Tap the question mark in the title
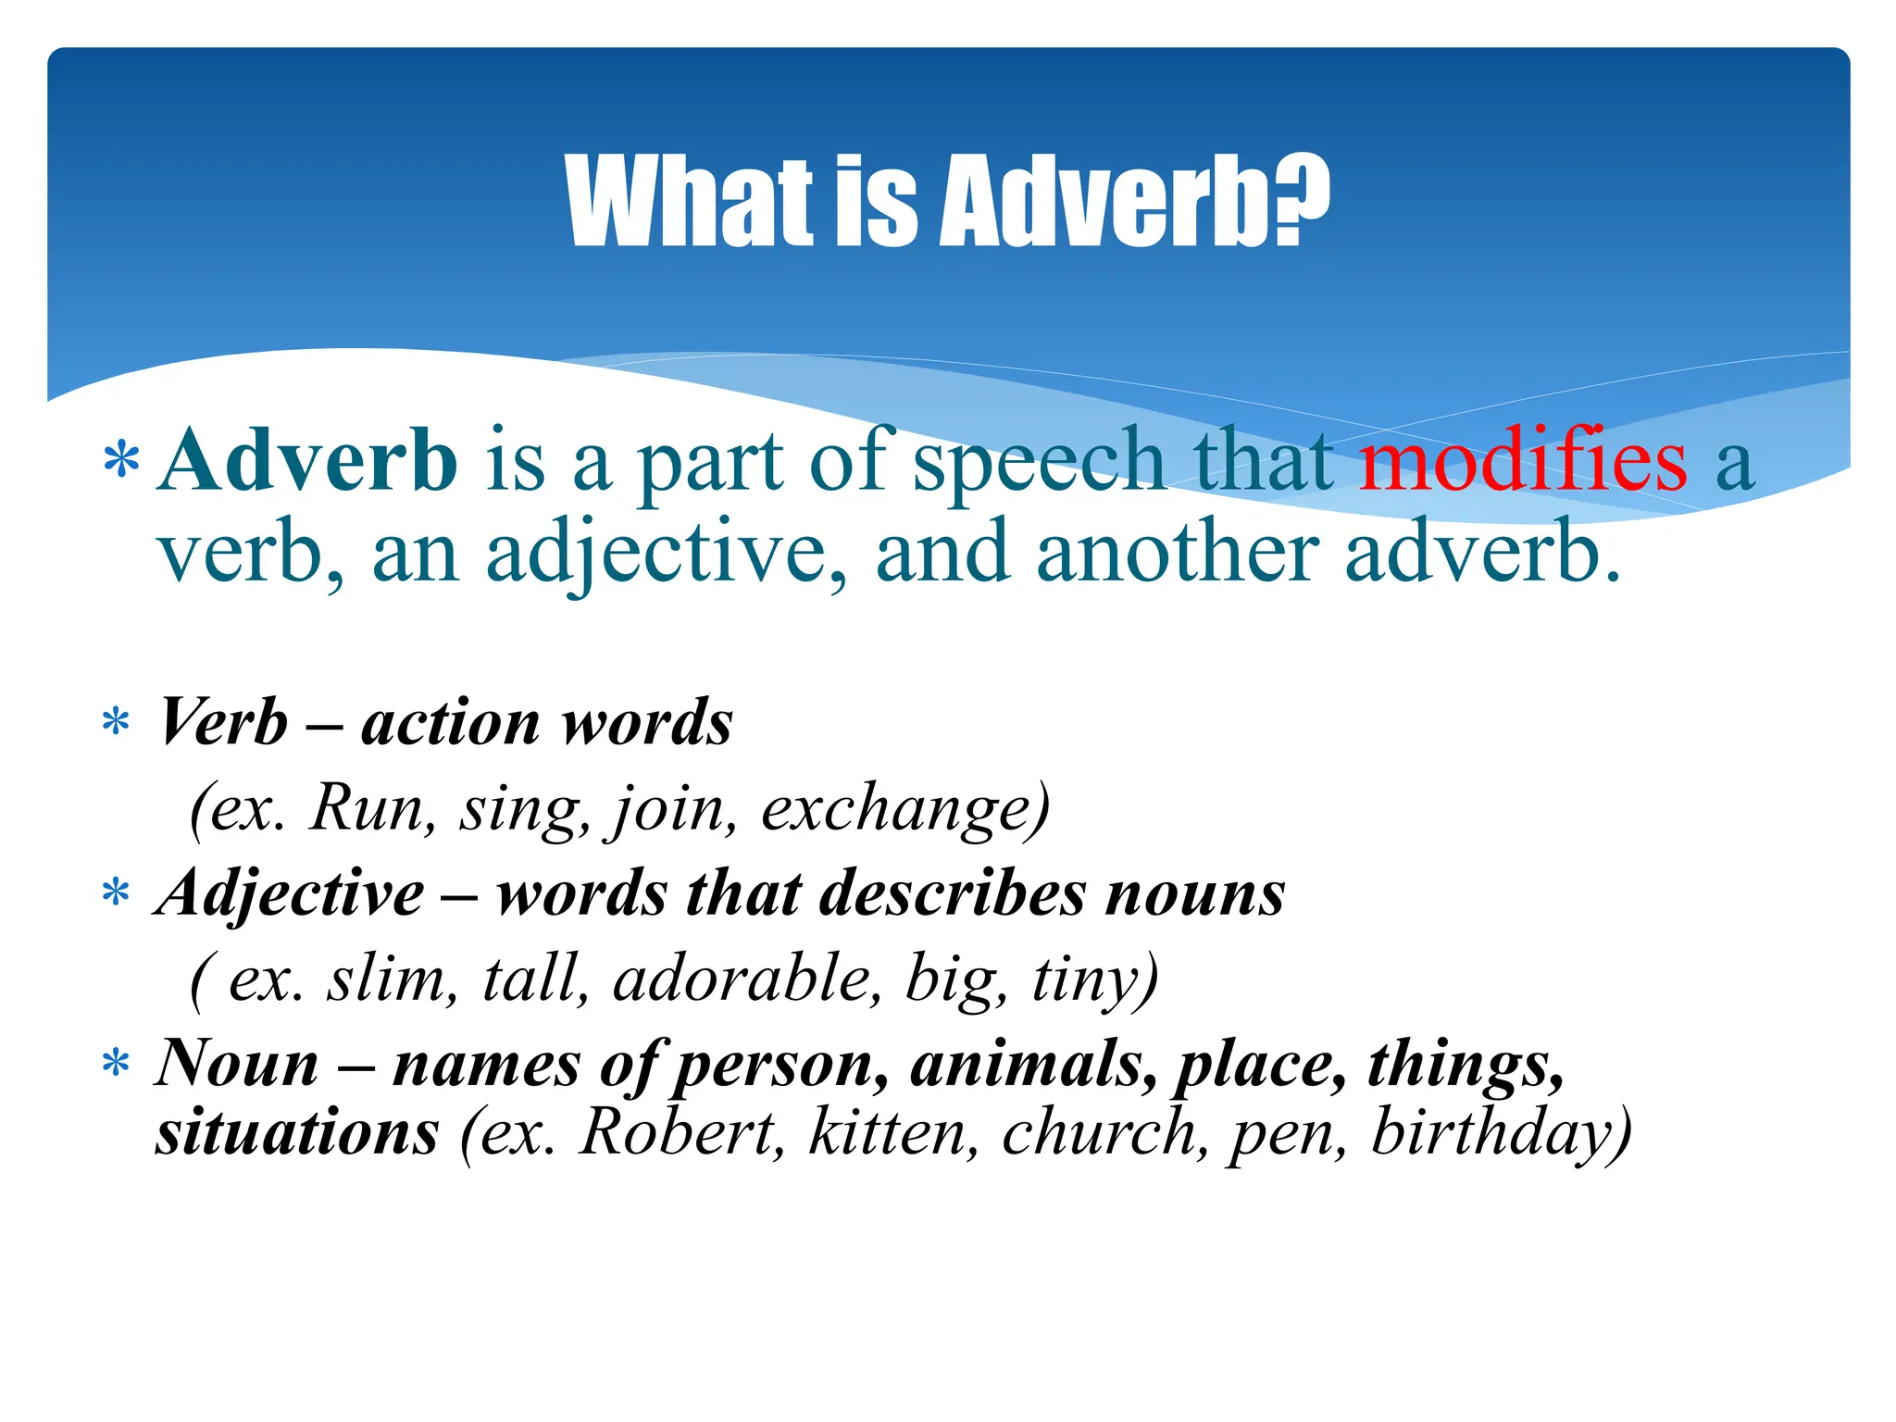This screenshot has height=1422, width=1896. click(x=1301, y=201)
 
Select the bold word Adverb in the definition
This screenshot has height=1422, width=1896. click(x=308, y=460)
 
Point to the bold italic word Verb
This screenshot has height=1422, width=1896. click(x=223, y=722)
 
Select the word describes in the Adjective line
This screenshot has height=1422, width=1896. click(x=953, y=894)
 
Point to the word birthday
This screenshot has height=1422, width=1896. click(x=1491, y=1133)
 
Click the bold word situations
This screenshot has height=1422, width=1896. click(x=297, y=1133)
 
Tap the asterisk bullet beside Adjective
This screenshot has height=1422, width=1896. click(x=116, y=895)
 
